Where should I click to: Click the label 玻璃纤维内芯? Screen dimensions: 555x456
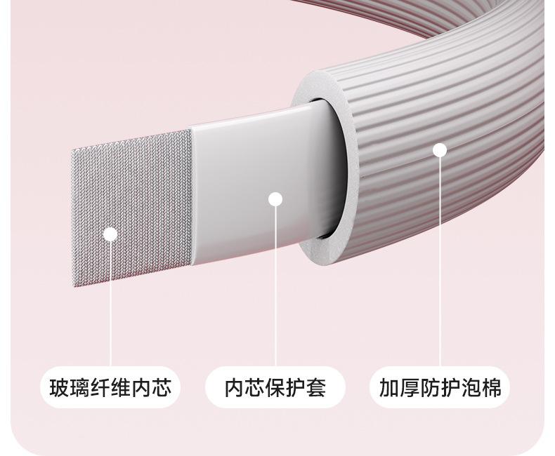pos(110,387)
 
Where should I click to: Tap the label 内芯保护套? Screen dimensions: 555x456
pos(275,387)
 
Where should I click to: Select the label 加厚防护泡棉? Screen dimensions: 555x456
pos(440,387)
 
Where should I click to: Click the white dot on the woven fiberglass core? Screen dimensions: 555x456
pos(110,234)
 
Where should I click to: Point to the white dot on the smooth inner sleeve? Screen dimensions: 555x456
pos(275,199)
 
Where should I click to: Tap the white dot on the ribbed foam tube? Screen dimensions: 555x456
pos(440,149)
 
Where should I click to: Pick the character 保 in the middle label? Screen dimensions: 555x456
pos(275,387)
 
